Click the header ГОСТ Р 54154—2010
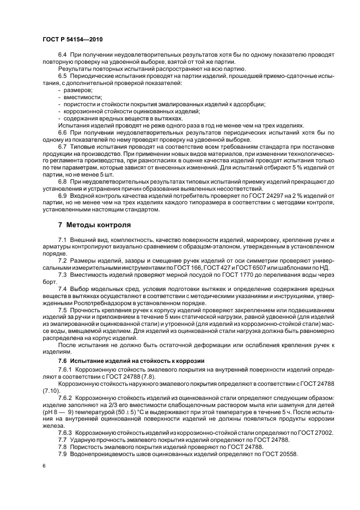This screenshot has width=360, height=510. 72,40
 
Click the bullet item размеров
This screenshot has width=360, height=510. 78,89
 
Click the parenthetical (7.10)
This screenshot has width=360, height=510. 52,390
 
